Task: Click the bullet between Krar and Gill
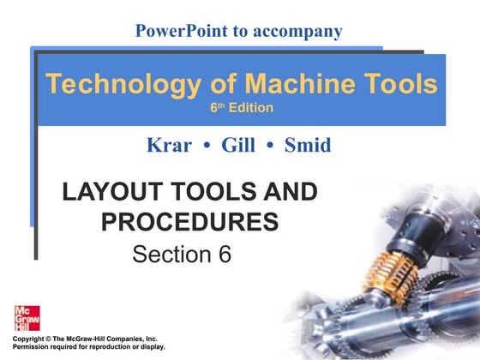coord(206,146)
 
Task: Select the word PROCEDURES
coord(189,222)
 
